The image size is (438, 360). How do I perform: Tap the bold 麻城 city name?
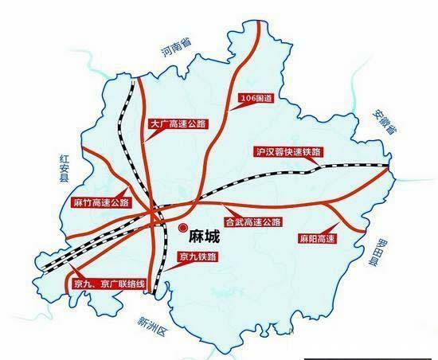(x=206, y=237)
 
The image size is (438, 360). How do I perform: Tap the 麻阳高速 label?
(x=317, y=237)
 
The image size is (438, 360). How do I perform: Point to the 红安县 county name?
(x=63, y=166)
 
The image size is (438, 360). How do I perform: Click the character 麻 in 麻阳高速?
(x=303, y=237)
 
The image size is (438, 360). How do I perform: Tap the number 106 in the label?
(x=249, y=99)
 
